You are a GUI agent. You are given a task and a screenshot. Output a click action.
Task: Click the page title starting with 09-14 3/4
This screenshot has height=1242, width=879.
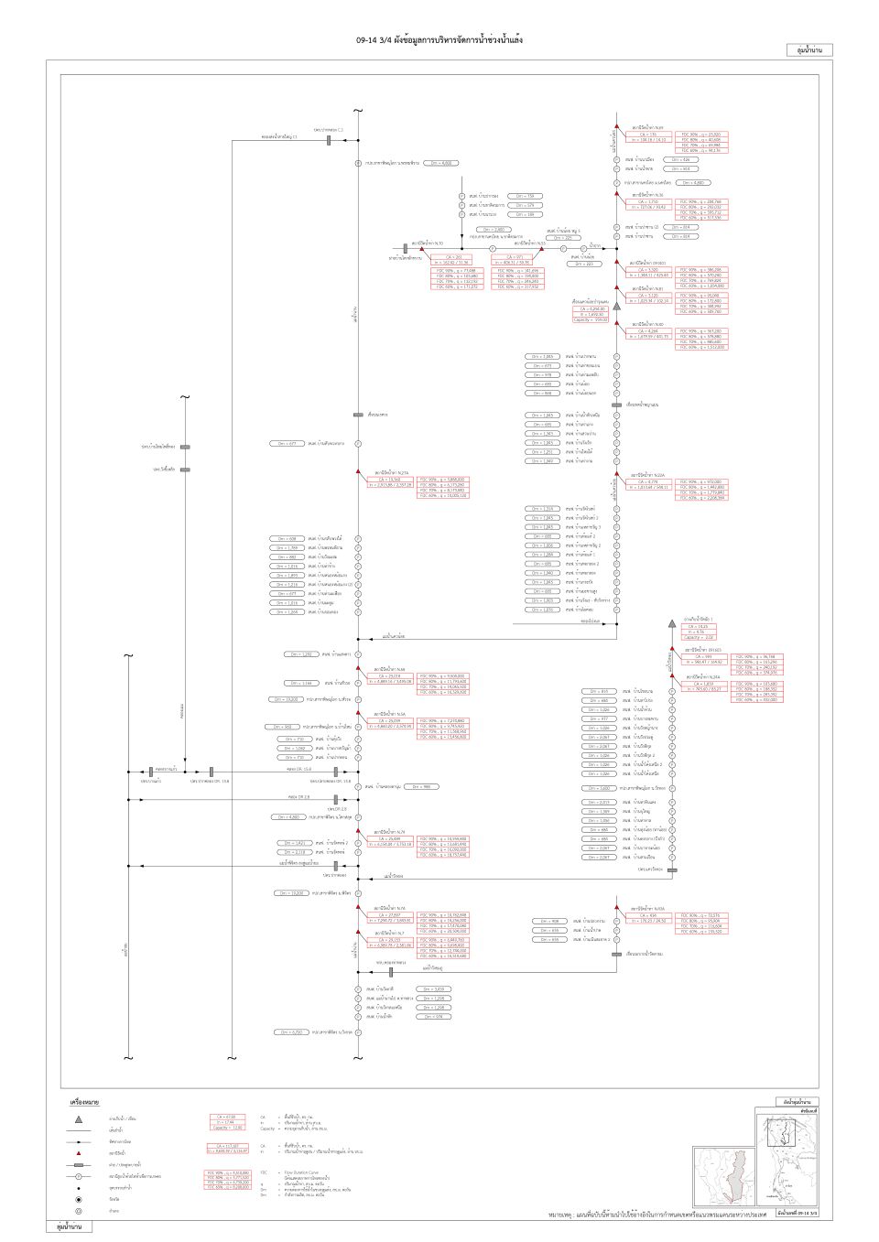[x=439, y=40]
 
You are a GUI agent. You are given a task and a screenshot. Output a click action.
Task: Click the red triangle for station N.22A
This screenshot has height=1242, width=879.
[x=617, y=473]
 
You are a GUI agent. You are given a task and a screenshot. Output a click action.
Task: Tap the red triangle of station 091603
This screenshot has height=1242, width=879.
[x=672, y=649]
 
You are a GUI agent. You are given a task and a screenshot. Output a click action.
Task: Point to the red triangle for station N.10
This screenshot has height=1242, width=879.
[x=422, y=248]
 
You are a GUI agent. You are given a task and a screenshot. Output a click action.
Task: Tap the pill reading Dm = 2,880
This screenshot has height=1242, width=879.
[x=493, y=230]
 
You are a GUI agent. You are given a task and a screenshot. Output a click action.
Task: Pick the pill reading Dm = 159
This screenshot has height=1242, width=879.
[x=525, y=196]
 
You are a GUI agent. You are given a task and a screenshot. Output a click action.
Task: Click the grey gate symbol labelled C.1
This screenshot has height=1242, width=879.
[x=328, y=140]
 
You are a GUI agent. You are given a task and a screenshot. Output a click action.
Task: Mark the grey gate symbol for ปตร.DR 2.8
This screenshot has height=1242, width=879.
[x=335, y=799]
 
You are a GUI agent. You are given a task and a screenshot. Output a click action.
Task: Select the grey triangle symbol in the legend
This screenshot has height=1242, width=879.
[x=80, y=1118]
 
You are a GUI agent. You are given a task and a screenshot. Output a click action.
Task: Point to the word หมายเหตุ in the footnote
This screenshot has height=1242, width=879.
[x=561, y=1215]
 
